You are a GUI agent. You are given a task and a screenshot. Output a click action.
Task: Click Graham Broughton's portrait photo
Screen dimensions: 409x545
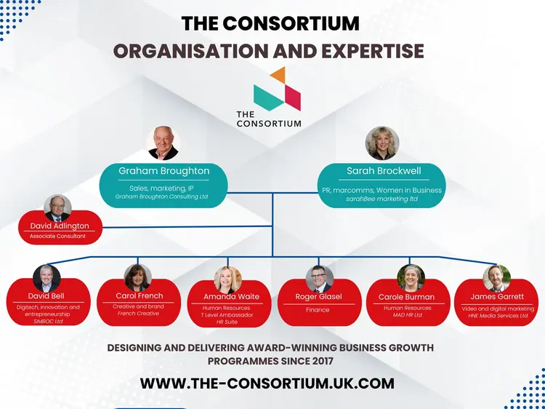(x=163, y=143)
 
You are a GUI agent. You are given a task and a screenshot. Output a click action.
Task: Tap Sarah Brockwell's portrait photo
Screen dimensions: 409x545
(x=382, y=143)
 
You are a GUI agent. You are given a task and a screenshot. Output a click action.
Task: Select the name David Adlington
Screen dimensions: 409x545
(x=58, y=226)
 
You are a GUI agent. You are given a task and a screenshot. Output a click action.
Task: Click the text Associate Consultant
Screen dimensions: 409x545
(x=57, y=237)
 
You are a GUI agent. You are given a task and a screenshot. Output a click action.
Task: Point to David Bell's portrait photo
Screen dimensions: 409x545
(x=47, y=279)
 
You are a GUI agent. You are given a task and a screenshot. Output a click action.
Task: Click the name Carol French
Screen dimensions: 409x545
(x=140, y=296)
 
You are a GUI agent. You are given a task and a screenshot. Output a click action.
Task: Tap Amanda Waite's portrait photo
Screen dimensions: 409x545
(x=227, y=279)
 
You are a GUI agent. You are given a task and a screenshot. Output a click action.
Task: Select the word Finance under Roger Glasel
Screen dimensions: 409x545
(x=318, y=309)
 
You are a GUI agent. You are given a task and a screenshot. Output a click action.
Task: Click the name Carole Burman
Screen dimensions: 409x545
(x=406, y=297)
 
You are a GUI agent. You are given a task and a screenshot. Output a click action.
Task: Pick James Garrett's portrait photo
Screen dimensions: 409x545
(x=497, y=279)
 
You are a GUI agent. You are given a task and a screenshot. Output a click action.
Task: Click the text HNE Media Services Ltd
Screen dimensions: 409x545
(x=498, y=315)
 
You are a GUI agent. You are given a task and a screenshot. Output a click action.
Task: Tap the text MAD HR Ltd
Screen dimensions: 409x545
(x=407, y=314)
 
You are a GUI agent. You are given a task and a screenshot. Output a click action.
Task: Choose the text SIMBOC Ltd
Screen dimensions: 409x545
(x=49, y=320)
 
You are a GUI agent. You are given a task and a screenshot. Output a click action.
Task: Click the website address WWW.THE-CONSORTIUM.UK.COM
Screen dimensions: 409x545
(x=267, y=384)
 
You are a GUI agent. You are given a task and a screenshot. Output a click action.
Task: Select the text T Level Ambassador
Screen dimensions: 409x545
(x=227, y=314)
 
